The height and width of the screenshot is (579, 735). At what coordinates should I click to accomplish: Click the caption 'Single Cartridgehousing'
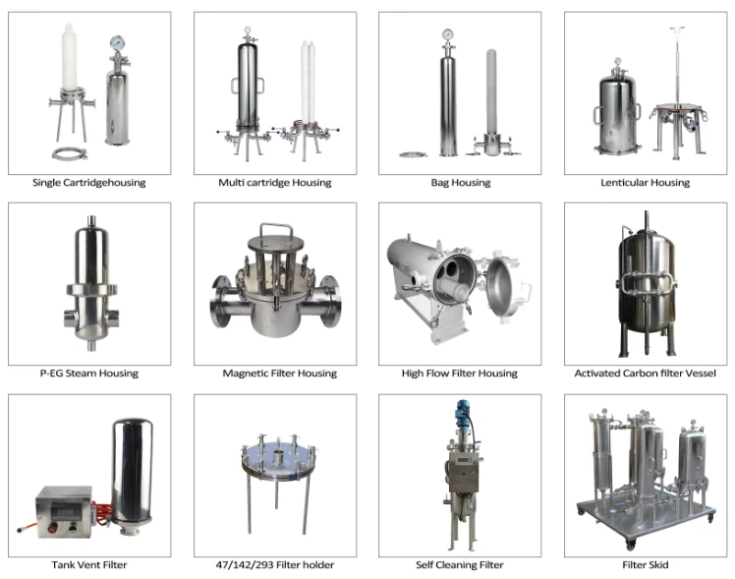coord(89,183)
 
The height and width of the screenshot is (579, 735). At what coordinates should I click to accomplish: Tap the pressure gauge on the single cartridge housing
coord(116,42)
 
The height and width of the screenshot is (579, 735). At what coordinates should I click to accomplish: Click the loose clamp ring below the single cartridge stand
coord(70,153)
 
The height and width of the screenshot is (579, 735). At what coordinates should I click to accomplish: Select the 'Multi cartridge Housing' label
coord(275,183)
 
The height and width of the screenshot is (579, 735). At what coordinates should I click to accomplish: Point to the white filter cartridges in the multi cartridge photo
coord(308,82)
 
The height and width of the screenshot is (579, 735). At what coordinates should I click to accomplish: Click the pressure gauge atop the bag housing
coord(448,34)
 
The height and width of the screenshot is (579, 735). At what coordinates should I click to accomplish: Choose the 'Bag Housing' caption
coord(461,183)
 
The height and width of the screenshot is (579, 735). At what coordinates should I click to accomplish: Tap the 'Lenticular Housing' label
coord(645,183)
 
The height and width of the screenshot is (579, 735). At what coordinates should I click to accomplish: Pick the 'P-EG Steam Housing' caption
coord(89,374)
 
